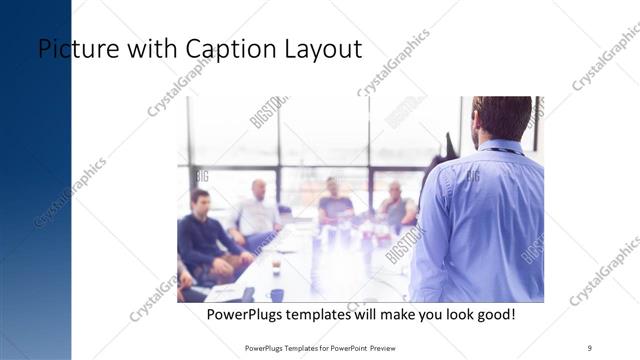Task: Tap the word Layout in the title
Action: (x=322, y=49)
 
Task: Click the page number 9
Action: (x=590, y=348)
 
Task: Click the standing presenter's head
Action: (x=502, y=118)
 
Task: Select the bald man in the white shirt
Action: (x=255, y=212)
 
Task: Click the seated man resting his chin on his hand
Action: (x=396, y=205)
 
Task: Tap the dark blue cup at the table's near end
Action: (x=277, y=295)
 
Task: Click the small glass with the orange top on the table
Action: (x=276, y=265)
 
